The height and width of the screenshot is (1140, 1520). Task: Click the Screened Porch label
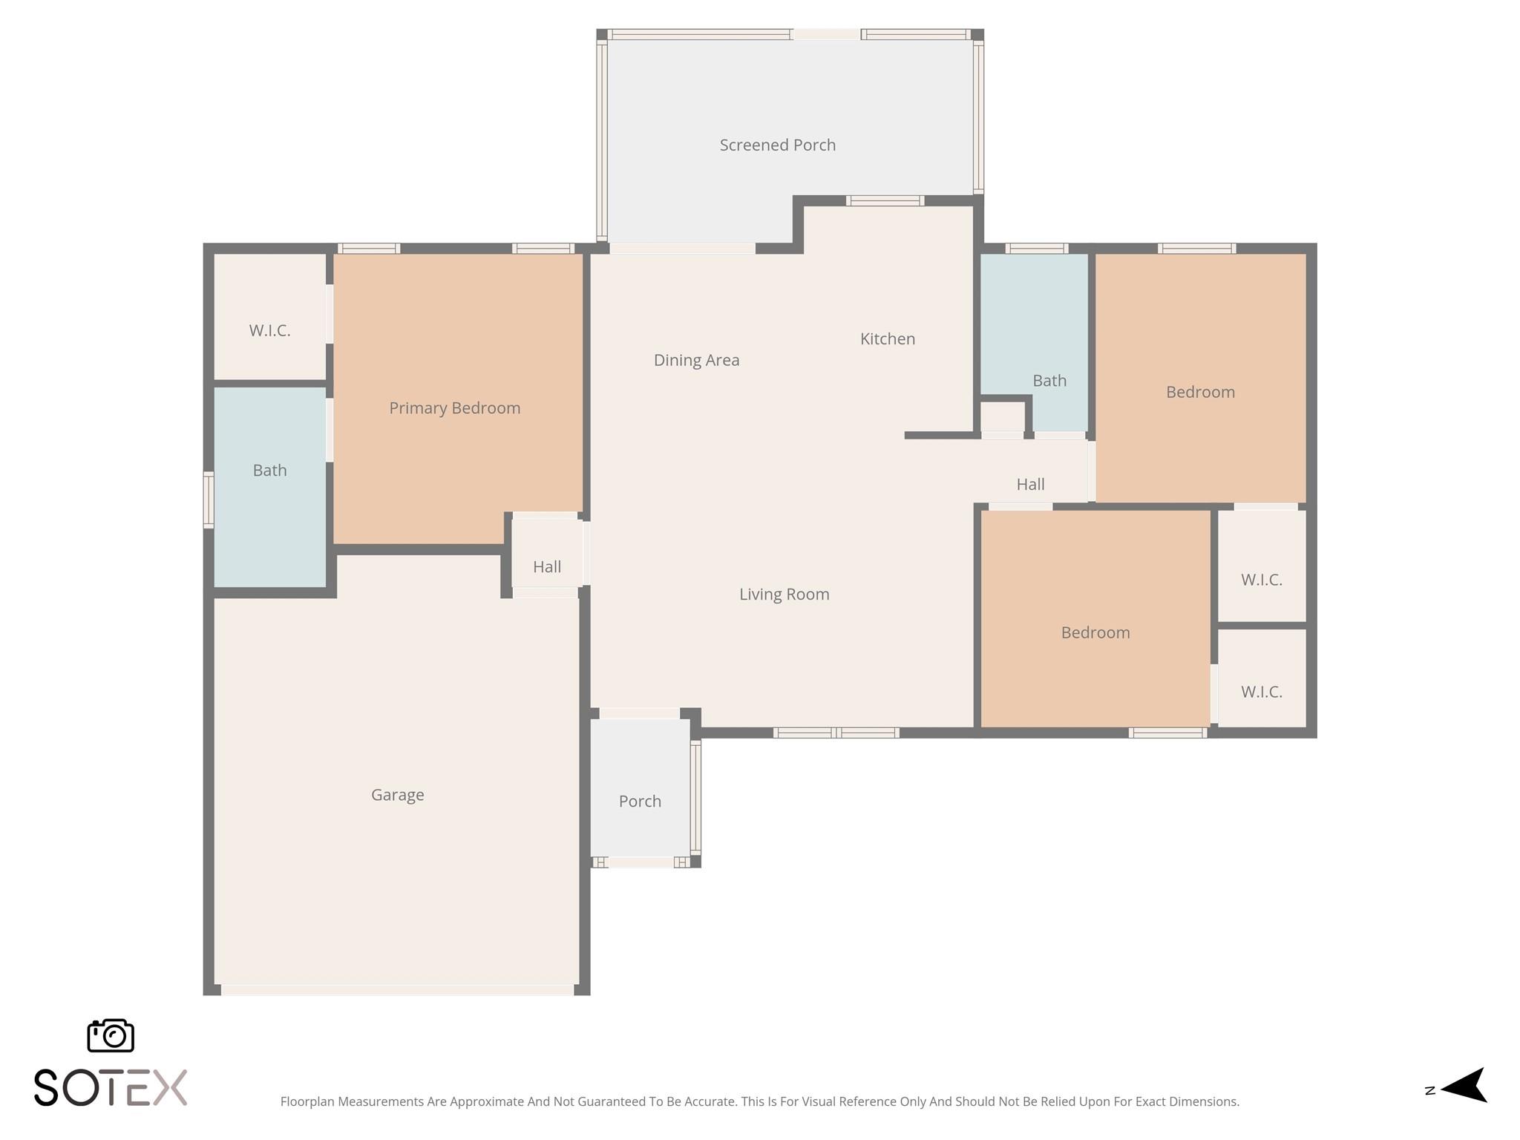click(777, 145)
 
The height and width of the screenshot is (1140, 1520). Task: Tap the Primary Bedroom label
click(454, 407)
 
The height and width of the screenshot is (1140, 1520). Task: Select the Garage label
click(397, 795)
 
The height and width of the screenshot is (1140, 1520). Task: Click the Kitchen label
click(887, 338)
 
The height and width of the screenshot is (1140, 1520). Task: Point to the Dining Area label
click(696, 360)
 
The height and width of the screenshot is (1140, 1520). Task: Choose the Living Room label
click(784, 594)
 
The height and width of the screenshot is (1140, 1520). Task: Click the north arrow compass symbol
click(1462, 1087)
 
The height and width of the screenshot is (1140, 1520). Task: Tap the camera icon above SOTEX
click(111, 1035)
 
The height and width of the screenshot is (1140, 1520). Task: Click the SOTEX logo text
click(111, 1088)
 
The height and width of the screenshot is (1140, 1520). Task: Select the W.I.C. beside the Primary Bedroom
click(269, 330)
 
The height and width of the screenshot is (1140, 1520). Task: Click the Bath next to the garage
click(269, 470)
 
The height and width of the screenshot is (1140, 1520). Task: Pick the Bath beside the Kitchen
click(1049, 380)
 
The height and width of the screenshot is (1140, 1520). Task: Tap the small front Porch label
click(640, 801)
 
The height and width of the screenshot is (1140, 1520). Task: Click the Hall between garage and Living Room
click(546, 566)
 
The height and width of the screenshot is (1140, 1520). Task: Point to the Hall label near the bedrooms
click(1030, 484)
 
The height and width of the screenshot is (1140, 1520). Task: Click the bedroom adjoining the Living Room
click(1095, 632)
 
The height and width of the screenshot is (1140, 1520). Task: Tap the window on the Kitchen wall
click(885, 200)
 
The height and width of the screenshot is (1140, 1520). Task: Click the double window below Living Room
click(836, 733)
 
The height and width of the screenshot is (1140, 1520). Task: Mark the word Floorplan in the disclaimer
click(307, 1101)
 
